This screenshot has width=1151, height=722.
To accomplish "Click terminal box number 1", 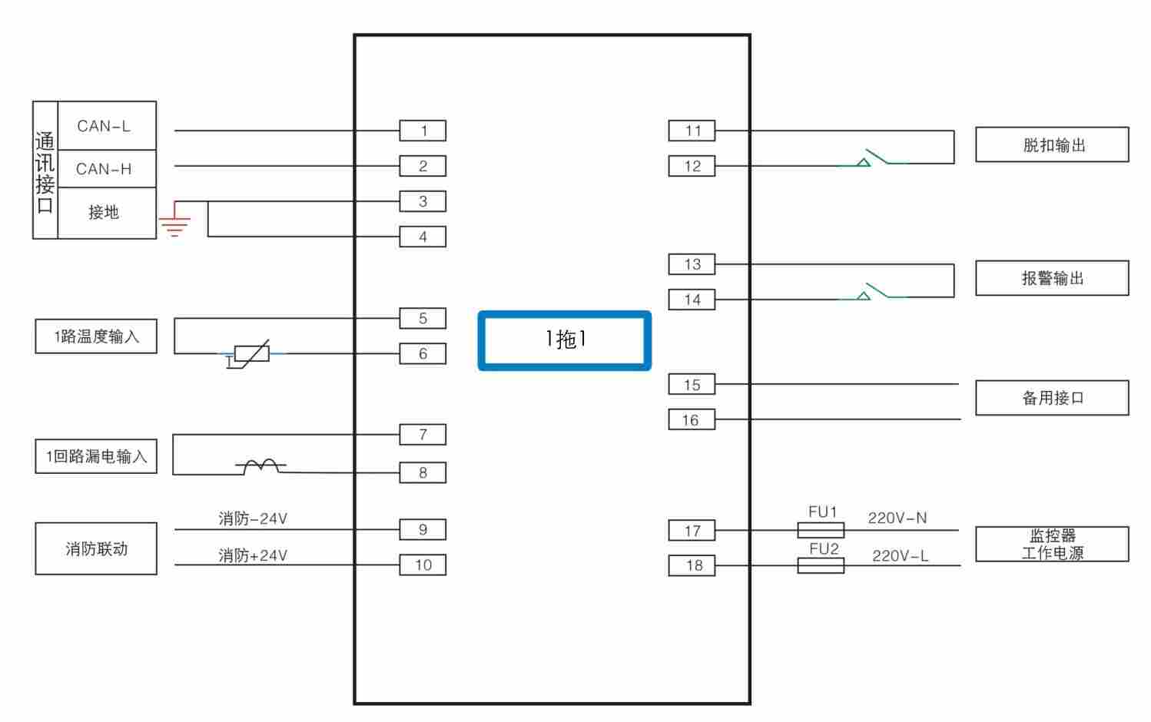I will coord(423,131).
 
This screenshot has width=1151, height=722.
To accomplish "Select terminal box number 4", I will coord(423,237).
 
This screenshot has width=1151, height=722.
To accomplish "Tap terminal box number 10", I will coord(423,565).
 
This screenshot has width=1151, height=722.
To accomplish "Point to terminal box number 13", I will coord(692,264).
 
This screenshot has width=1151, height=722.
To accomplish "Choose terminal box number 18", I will coord(692,565).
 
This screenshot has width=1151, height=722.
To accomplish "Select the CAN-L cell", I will coord(106,126).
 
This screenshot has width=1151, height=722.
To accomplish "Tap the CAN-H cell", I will coord(106,169).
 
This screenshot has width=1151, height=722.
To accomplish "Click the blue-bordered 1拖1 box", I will coord(565,340).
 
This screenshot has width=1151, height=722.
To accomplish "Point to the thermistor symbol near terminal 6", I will coord(251,353).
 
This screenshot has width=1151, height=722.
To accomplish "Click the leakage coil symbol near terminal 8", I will coord(261,465).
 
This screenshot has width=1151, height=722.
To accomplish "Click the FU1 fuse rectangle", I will coord(821,530).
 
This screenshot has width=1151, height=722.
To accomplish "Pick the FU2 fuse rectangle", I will coord(821,565).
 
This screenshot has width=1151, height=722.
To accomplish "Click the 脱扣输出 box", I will coord(1052,145).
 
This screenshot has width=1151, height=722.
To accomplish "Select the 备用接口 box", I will coord(1052,398).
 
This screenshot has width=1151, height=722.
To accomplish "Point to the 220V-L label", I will coord(900,556).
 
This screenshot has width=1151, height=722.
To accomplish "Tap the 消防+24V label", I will coord(253,555).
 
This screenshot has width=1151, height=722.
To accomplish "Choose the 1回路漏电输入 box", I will coord(96,456).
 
